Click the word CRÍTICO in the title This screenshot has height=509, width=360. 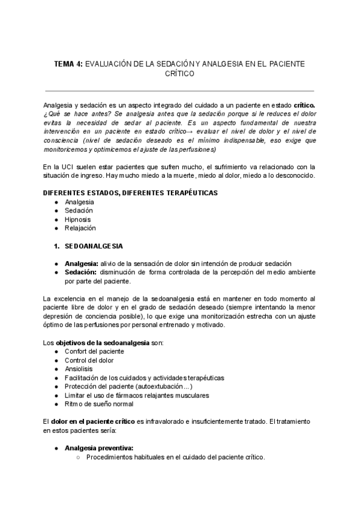[179, 74]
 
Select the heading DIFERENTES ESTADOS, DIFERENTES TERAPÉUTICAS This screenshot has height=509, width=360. [131, 193]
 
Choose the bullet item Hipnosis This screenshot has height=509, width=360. [77, 219]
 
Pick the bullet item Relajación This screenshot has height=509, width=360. [80, 228]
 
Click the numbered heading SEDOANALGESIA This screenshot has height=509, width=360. [93, 246]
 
